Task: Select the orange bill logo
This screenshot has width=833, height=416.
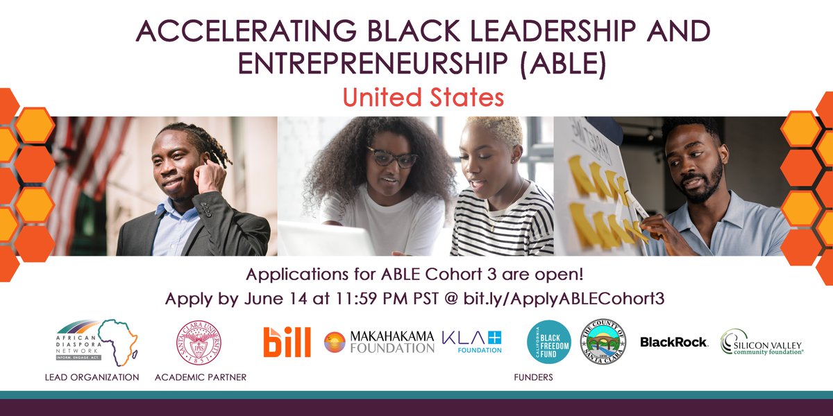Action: click(287, 342)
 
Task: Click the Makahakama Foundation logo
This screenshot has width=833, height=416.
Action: click(379, 341)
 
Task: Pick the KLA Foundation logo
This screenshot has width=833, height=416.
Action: click(472, 341)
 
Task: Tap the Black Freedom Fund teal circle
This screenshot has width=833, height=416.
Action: click(549, 342)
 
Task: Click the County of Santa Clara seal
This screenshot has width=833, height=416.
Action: click(602, 342)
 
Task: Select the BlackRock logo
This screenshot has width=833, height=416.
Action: click(673, 342)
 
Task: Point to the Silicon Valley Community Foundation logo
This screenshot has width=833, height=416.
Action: click(762, 342)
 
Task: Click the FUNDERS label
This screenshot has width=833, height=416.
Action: click(533, 377)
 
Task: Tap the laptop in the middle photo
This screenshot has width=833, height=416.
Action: click(326, 239)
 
